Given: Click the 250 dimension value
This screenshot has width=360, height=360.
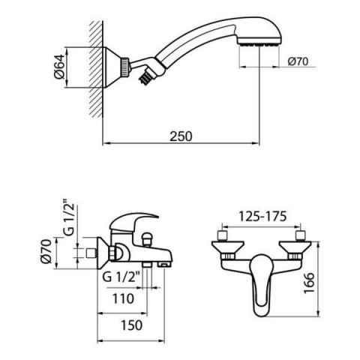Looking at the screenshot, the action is [181, 136].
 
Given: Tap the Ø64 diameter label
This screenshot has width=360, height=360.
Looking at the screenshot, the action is [59, 67].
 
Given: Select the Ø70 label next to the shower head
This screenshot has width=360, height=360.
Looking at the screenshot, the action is [298, 61].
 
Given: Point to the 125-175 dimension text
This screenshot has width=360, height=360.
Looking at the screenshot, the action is [262, 217].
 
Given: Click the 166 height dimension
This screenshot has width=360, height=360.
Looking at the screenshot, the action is [308, 283].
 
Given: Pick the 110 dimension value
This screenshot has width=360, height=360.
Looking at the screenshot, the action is [123, 298].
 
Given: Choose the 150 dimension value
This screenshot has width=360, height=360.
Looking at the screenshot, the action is [131, 325].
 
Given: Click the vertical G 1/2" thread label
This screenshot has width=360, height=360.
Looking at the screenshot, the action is [69, 217].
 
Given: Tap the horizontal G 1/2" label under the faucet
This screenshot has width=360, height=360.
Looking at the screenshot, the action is [121, 277].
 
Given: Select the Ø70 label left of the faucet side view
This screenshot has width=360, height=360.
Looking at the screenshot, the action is [46, 251].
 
